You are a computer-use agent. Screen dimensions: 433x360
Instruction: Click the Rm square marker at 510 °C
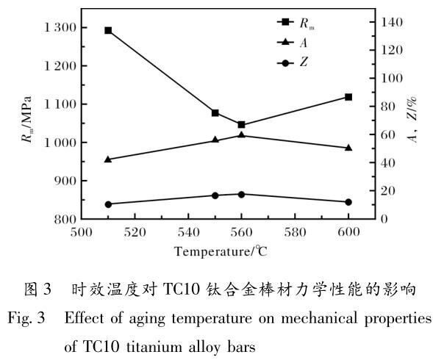(108, 30)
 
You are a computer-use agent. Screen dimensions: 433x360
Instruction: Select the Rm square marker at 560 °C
(241, 124)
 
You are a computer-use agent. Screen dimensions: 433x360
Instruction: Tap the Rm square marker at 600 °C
(348, 97)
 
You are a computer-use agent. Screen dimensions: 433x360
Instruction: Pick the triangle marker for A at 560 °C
(241, 134)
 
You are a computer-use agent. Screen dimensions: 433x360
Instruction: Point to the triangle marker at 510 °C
(108, 159)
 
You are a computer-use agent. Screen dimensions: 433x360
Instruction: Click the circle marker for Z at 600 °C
(348, 202)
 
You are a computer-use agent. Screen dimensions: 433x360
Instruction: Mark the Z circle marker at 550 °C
(215, 195)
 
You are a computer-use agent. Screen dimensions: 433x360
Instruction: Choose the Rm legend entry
(296, 23)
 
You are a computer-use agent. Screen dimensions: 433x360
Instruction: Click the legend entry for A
(292, 42)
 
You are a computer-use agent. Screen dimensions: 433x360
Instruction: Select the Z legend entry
(292, 62)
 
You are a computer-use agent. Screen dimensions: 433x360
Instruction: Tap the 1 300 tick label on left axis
(60, 28)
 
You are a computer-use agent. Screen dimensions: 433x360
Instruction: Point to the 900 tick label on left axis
(65, 181)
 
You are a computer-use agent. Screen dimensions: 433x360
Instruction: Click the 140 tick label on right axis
(391, 22)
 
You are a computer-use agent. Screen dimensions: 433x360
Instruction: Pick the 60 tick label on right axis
(387, 135)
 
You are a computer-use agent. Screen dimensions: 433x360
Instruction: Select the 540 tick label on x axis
(188, 232)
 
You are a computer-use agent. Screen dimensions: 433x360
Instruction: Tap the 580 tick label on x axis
(295, 232)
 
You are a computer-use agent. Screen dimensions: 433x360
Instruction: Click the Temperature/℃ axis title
(221, 251)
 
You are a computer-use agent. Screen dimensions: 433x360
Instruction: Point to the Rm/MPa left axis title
(26, 119)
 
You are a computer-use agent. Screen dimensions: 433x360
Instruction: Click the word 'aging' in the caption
(146, 319)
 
